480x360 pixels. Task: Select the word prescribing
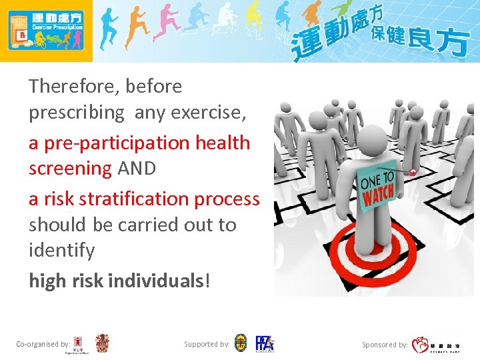pyautogui.click(x=76, y=113)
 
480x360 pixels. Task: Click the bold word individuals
pyautogui.click(x=155, y=281)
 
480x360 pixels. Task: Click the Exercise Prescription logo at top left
pyautogui.click(x=46, y=31)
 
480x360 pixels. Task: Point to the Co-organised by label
pyautogui.click(x=43, y=344)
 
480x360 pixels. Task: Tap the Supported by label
pyautogui.click(x=207, y=344)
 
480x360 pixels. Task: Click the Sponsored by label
pyautogui.click(x=385, y=345)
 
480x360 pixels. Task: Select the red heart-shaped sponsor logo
pyautogui.click(x=421, y=345)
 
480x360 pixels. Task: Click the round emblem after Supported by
pyautogui.click(x=241, y=343)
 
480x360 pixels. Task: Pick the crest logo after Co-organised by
pyautogui.click(x=102, y=343)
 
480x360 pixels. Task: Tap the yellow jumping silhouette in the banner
pyautogui.click(x=253, y=20)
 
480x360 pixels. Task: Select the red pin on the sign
pyautogui.click(x=413, y=172)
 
